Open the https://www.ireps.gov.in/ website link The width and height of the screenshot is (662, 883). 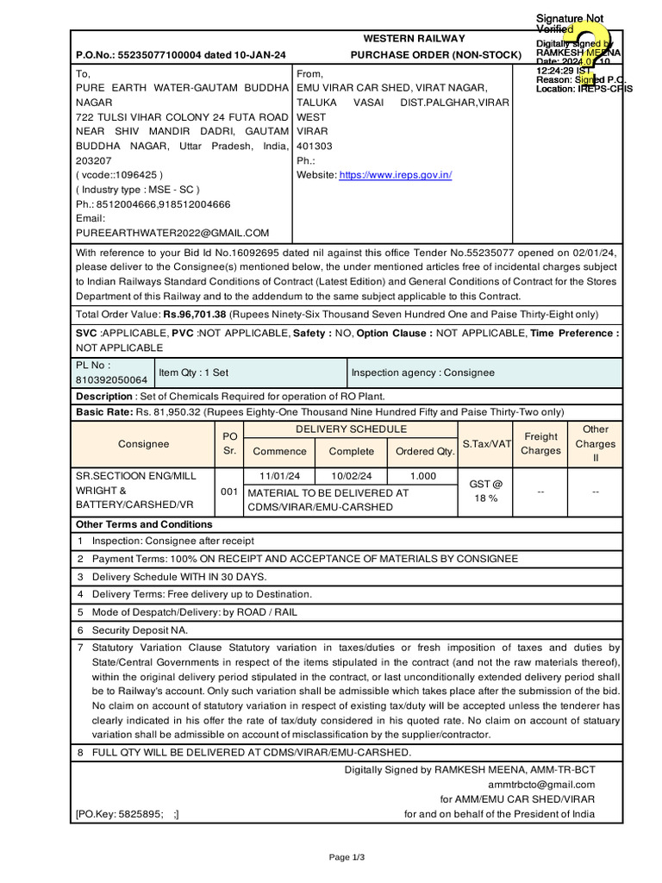tap(396, 175)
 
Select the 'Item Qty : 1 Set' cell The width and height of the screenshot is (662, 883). tap(194, 373)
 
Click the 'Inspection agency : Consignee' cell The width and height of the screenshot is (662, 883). tap(422, 373)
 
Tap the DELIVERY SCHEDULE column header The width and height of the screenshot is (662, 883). tap(351, 429)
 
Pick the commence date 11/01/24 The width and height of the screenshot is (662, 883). tap(279, 476)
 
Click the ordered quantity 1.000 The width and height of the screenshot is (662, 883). tap(422, 476)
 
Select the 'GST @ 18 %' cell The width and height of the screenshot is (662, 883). tap(484, 492)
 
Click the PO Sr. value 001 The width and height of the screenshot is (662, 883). tap(228, 492)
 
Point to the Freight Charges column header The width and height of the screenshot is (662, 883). tap(540, 443)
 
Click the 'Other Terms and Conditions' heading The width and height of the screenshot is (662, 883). tap(144, 524)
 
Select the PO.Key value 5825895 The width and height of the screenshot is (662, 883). tap(142, 814)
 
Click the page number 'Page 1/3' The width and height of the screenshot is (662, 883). tap(347, 857)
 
